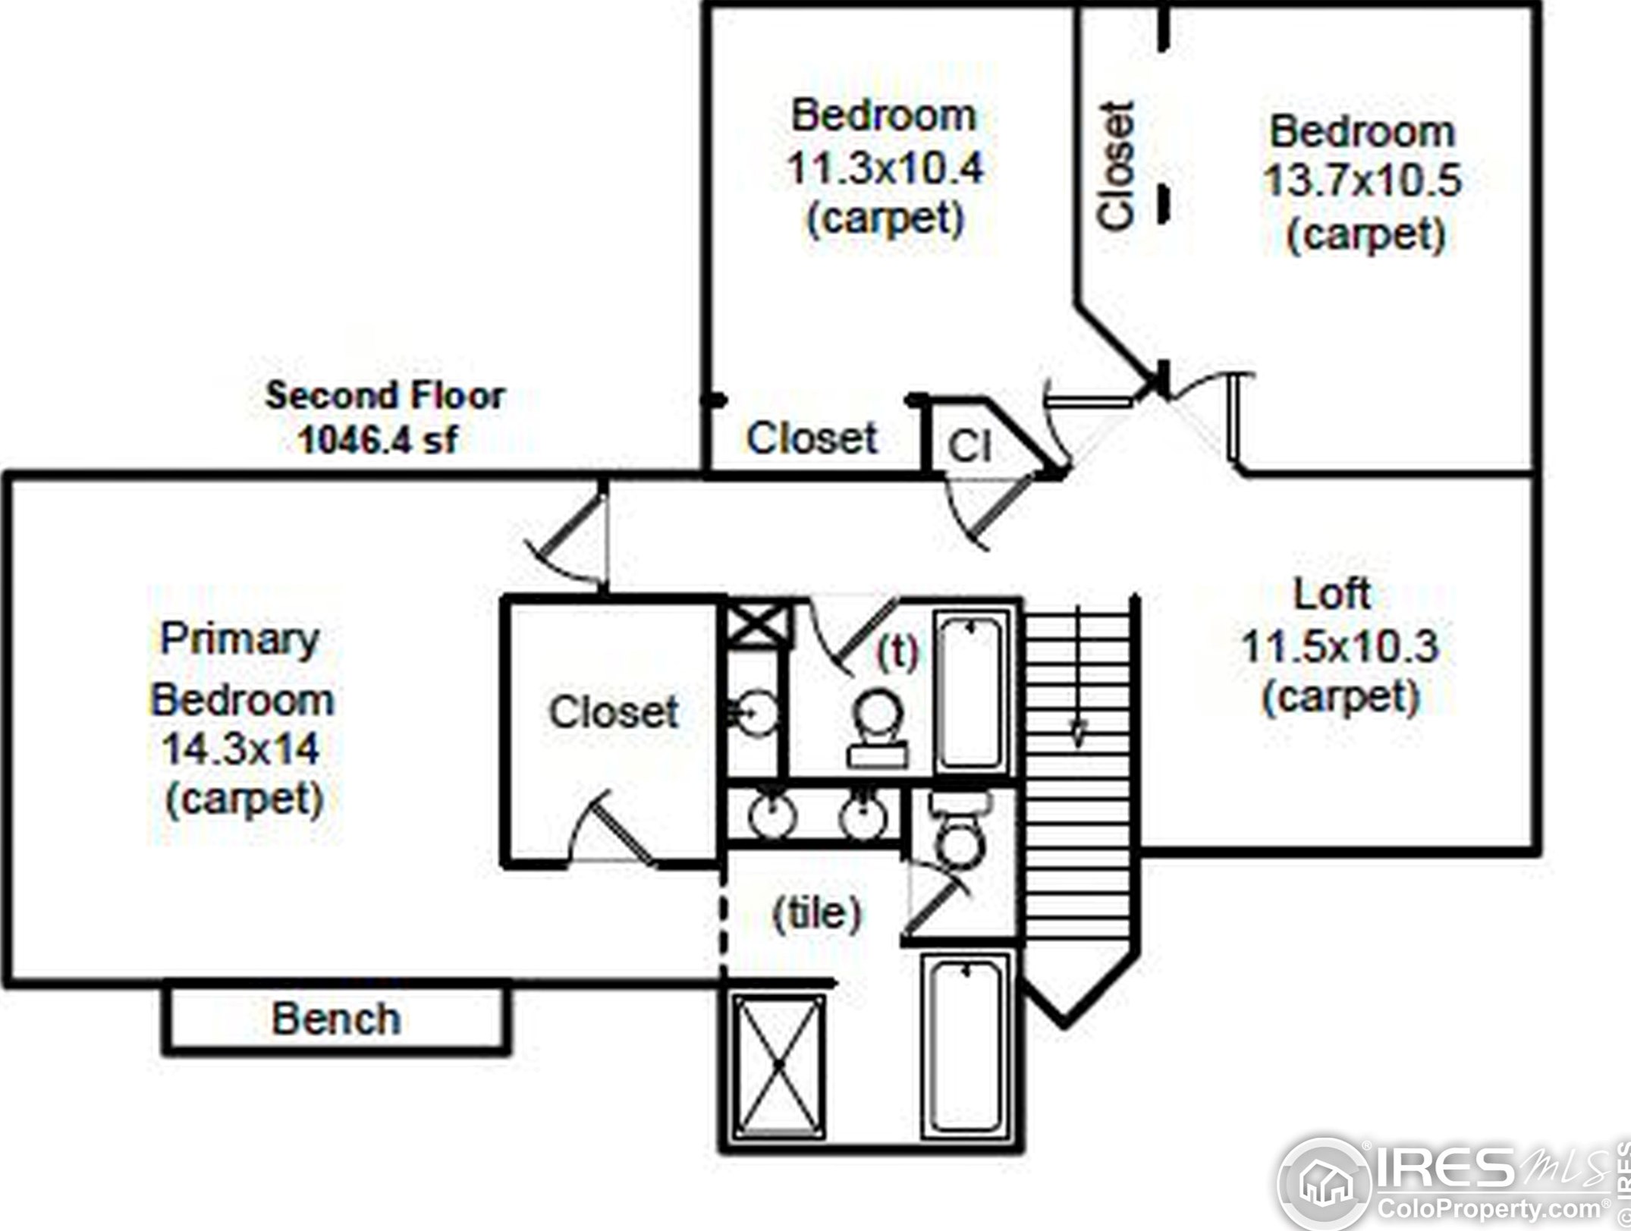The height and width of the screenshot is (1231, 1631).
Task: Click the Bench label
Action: coord(336,1019)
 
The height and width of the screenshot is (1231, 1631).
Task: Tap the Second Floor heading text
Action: coord(385,395)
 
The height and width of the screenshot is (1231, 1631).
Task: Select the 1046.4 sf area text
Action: coord(379,439)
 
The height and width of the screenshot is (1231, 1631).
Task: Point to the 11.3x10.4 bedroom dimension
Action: coord(885,168)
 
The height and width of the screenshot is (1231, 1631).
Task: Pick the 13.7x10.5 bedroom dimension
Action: coord(1362,181)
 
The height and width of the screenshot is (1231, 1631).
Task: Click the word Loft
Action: coord(1331,594)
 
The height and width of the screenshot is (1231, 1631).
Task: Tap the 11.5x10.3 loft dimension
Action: coord(1339,646)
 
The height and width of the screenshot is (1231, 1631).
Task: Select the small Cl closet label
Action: coord(969,447)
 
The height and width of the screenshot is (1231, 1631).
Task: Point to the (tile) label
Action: coord(817,912)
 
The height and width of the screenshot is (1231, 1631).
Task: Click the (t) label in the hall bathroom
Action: coord(897,652)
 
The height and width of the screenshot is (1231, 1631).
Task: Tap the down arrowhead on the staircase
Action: coord(1077,733)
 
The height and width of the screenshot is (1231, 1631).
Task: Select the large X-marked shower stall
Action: coord(778,1066)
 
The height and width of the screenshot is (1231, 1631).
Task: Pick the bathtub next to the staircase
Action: coord(970,691)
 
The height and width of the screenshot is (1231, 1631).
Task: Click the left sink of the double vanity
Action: coord(772,815)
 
